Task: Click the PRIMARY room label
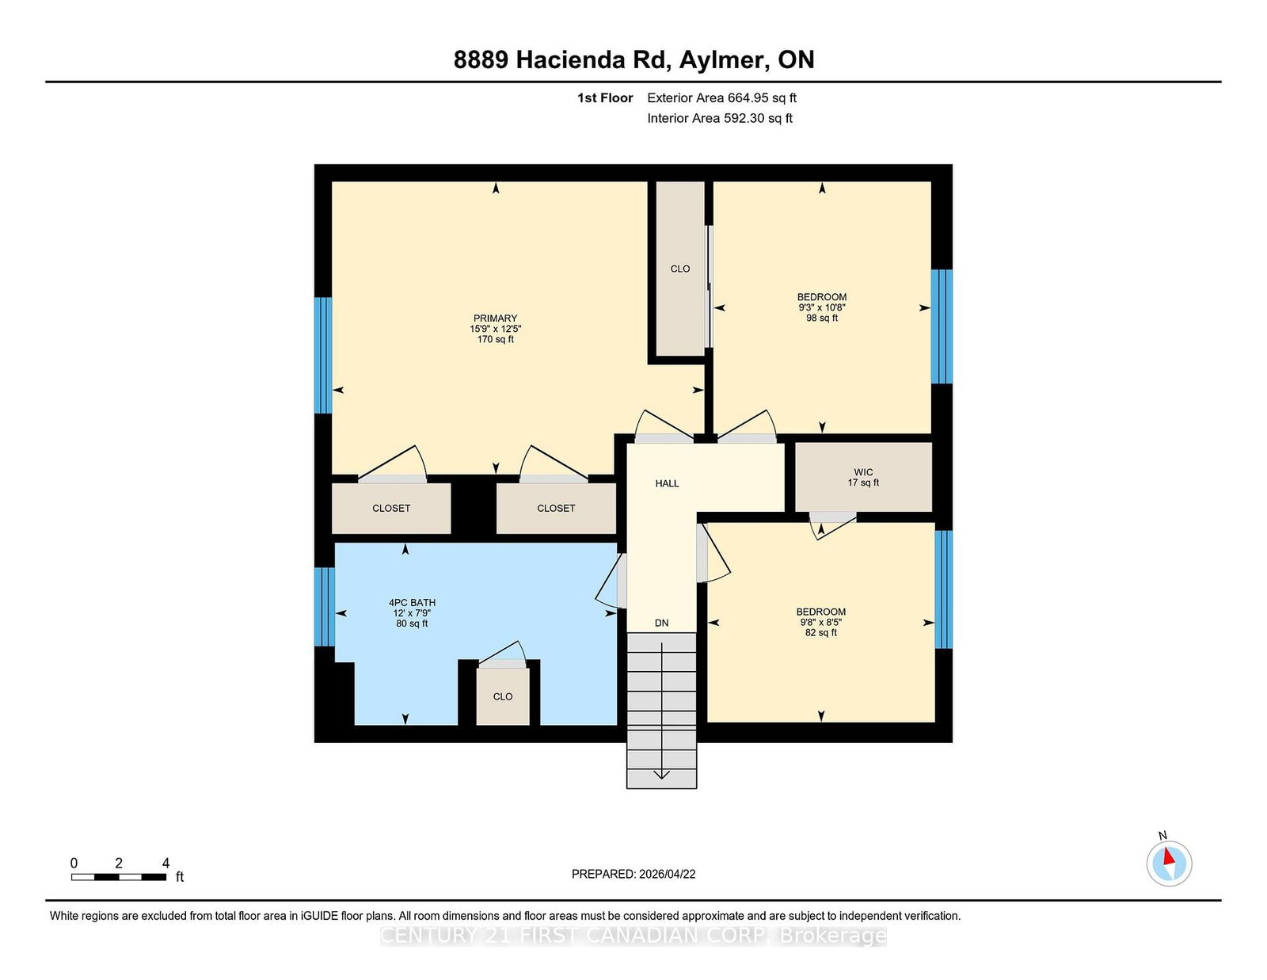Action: [495, 318]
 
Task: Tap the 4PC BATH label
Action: [413, 603]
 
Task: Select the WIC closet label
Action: [863, 472]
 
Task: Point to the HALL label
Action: [667, 483]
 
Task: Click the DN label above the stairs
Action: [662, 623]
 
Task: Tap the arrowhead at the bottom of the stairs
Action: [662, 775]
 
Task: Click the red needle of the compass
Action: [1169, 856]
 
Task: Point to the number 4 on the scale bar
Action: [166, 863]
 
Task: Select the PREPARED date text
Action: [633, 874]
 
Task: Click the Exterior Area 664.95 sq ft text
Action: [721, 98]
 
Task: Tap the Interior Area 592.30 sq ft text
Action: [720, 118]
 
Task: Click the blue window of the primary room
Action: [323, 355]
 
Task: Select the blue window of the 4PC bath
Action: [325, 607]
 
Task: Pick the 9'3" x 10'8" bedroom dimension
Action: [822, 307]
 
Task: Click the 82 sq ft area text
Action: [821, 632]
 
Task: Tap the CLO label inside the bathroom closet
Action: [503, 696]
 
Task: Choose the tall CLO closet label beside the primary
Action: [680, 269]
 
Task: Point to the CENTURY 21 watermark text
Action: [633, 936]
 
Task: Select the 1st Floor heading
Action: [605, 98]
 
